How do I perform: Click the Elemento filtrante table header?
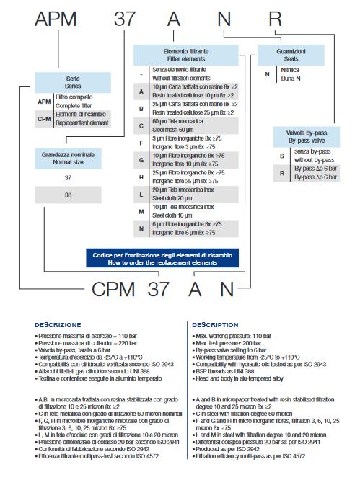point(190,55)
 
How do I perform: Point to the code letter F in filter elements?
point(142,142)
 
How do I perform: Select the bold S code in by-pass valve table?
point(282,156)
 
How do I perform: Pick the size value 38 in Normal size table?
point(69,195)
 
